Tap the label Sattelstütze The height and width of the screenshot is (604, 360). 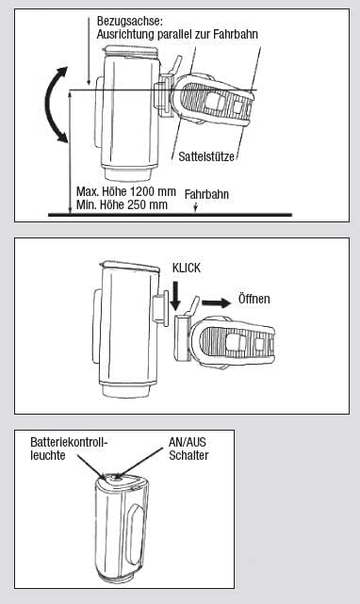pyautogui.click(x=206, y=156)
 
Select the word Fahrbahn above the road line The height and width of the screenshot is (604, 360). pyautogui.click(x=206, y=194)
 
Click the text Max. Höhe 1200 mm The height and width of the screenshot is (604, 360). pyautogui.click(x=126, y=191)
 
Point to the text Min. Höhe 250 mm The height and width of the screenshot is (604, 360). pyautogui.click(x=122, y=204)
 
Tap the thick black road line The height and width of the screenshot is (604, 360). pyautogui.click(x=170, y=215)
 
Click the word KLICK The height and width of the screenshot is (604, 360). pyautogui.click(x=187, y=268)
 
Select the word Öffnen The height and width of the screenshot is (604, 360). pyautogui.click(x=254, y=299)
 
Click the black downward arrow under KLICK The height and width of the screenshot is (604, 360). pyautogui.click(x=175, y=295)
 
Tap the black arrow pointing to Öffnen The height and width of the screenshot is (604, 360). pyautogui.click(x=216, y=302)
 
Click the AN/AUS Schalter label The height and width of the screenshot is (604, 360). pyautogui.click(x=188, y=449)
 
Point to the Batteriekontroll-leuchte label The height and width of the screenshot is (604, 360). pyautogui.click(x=69, y=449)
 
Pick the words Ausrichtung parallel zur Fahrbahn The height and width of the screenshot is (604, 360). pyautogui.click(x=177, y=34)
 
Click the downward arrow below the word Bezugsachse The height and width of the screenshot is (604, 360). pyautogui.click(x=89, y=50)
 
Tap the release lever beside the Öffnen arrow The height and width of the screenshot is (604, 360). pyautogui.click(x=194, y=304)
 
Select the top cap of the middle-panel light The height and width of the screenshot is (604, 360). pyautogui.click(x=129, y=266)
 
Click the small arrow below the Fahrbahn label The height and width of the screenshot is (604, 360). pyautogui.click(x=196, y=207)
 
